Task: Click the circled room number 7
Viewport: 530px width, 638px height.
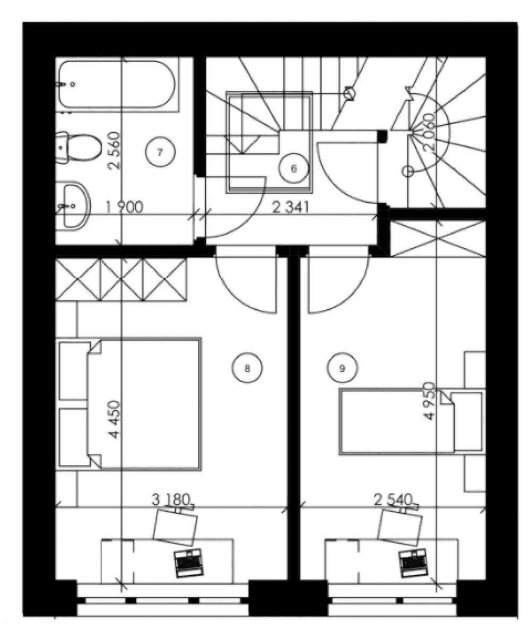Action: point(160,152)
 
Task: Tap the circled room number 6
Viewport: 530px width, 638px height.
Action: point(293,168)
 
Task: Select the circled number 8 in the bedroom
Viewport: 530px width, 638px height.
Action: point(247,368)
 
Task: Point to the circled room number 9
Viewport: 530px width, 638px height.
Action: point(342,368)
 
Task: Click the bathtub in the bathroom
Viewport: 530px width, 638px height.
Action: point(117,84)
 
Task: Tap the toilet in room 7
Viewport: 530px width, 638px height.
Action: point(79,148)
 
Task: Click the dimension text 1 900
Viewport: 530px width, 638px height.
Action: point(124,208)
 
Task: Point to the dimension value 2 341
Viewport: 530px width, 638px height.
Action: point(291,208)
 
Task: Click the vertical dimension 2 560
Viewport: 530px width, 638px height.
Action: point(115,151)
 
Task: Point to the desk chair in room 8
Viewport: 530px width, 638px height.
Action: point(175,527)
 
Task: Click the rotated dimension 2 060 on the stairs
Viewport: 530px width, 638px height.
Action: point(429,133)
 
